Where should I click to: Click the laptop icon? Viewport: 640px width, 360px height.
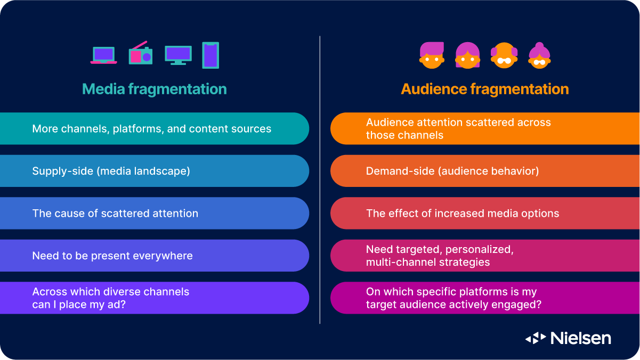[x=103, y=55]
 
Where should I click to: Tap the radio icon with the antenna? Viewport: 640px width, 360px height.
[x=141, y=54]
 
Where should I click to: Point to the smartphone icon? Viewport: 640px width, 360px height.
[x=210, y=55]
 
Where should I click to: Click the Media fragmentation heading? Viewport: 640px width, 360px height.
[x=155, y=89]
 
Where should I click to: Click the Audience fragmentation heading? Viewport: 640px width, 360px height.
[x=485, y=89]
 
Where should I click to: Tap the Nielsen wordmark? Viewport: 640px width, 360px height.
[x=580, y=338]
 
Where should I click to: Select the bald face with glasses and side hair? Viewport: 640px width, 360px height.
[x=504, y=56]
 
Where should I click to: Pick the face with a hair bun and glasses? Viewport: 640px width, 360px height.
[x=539, y=56]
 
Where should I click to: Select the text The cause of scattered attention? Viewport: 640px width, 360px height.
[x=115, y=214]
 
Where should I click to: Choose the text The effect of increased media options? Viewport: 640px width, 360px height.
[x=463, y=214]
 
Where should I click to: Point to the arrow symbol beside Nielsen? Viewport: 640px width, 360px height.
[x=536, y=338]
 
